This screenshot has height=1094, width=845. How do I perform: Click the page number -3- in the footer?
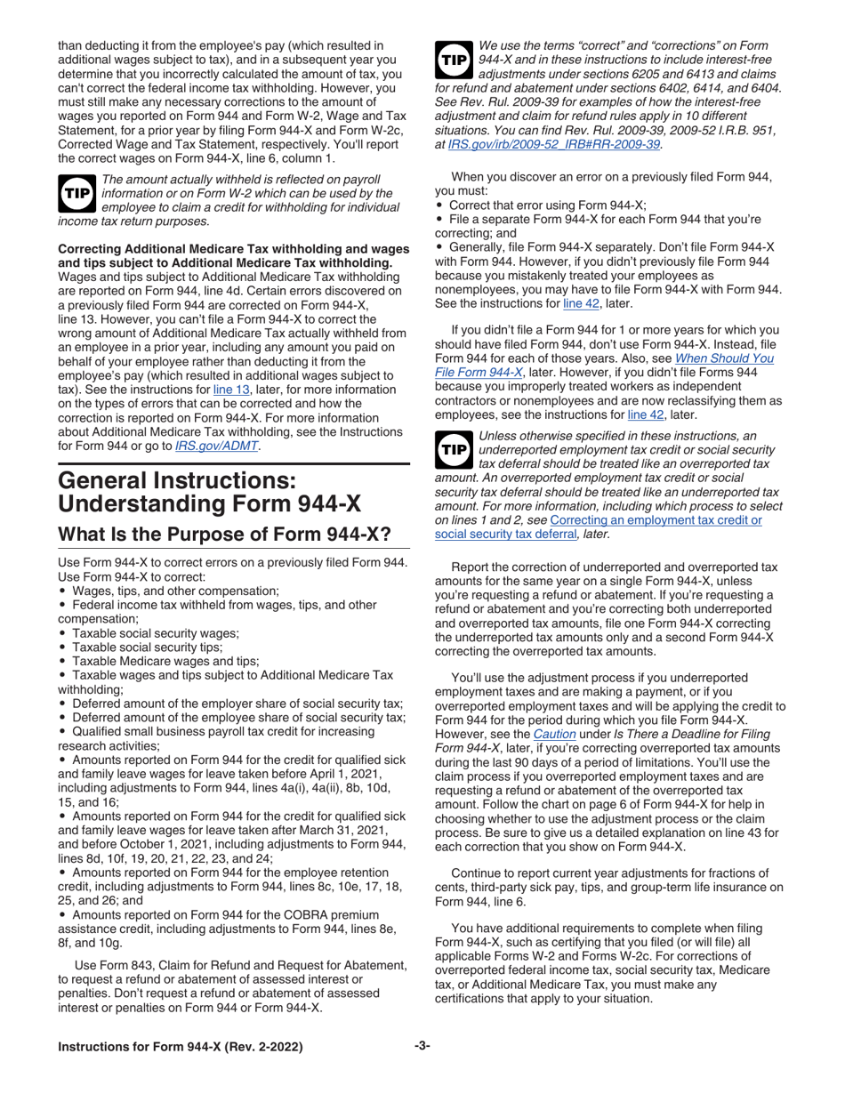(422, 1047)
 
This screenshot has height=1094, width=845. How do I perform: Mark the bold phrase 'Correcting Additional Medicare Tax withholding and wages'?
(233, 247)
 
